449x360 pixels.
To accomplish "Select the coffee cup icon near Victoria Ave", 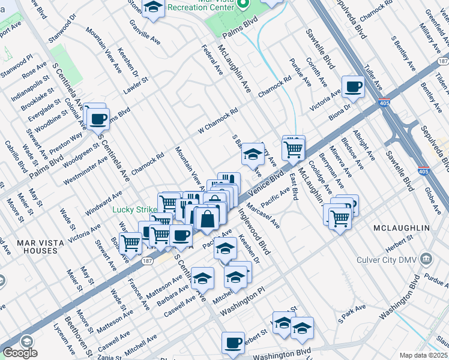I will (353, 86).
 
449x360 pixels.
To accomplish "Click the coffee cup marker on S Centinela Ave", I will (98, 118).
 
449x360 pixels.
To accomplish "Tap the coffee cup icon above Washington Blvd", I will (233, 343).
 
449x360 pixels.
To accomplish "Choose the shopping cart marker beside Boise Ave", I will (130, 243).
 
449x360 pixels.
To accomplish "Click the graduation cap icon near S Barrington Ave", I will (253, 154).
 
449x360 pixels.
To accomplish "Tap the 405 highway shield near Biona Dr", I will (385, 103).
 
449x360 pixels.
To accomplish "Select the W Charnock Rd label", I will (218, 121).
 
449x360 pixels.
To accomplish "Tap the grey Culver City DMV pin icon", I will (426, 259).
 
